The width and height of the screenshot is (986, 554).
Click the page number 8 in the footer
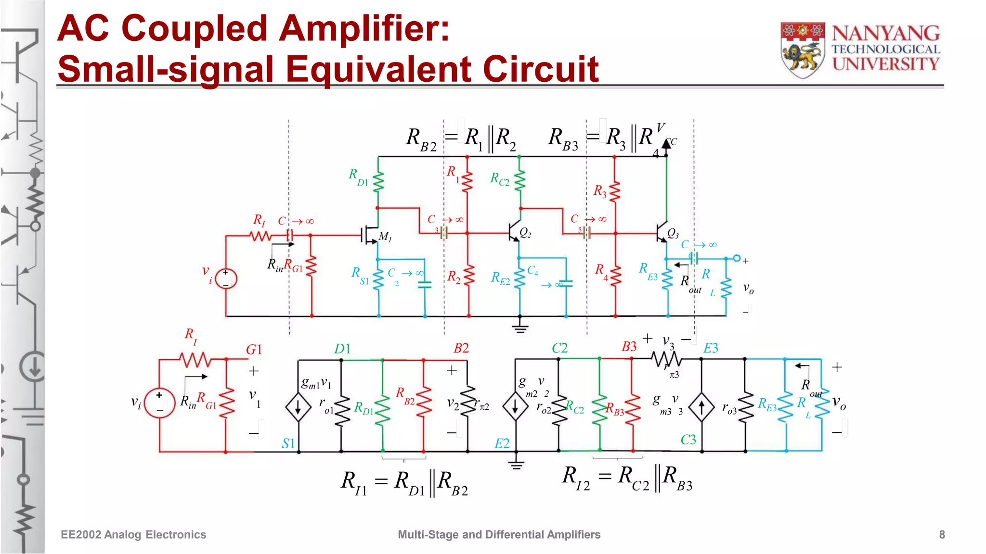click(x=942, y=535)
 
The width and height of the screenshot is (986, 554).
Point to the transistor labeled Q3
click(x=662, y=232)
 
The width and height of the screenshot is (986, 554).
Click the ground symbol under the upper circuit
click(x=520, y=328)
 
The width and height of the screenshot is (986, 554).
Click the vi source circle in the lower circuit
click(x=159, y=403)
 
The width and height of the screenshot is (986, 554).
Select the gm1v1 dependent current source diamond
click(x=298, y=407)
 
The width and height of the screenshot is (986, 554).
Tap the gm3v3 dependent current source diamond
click(x=701, y=407)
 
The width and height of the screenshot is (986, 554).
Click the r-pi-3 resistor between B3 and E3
click(x=666, y=359)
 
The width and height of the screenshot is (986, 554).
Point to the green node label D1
click(x=342, y=349)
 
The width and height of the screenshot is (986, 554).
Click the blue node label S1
click(x=288, y=443)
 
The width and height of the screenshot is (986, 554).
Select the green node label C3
click(x=688, y=440)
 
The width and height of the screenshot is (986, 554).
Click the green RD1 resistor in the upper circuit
click(x=378, y=182)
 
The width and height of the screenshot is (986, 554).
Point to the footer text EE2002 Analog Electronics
click(x=133, y=535)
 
